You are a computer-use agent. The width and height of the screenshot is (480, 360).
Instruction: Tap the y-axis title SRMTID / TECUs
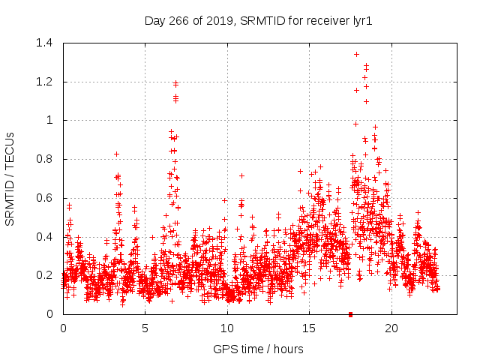click(x=10, y=178)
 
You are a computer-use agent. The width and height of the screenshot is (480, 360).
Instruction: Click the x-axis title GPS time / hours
click(x=259, y=349)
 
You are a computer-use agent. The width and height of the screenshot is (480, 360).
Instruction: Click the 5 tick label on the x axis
click(x=145, y=328)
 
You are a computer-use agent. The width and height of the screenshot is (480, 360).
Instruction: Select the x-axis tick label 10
click(x=227, y=328)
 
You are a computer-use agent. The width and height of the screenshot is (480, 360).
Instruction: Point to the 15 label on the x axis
click(x=309, y=328)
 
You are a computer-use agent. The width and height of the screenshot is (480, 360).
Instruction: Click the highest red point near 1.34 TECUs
click(x=356, y=54)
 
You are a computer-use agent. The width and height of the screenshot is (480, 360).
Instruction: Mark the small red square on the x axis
click(x=350, y=314)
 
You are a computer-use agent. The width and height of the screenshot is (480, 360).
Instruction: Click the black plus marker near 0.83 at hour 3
click(x=116, y=154)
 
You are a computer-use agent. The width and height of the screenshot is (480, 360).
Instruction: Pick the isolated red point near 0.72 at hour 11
click(x=241, y=175)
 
